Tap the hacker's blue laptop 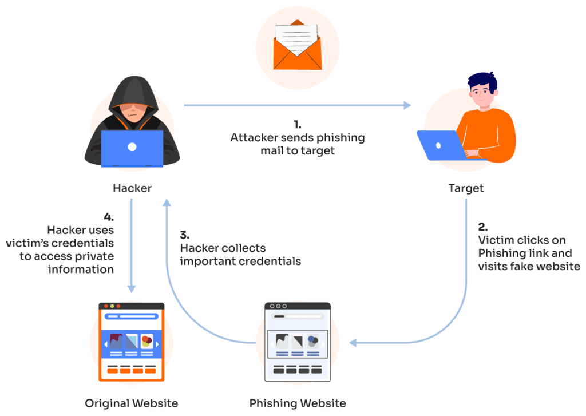click(x=132, y=148)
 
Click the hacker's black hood click(x=132, y=92)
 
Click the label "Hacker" click(x=132, y=188)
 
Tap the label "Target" click(x=466, y=188)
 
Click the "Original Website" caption click(x=132, y=403)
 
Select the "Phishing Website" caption click(x=298, y=403)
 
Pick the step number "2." click(x=482, y=226)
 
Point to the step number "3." click(x=184, y=235)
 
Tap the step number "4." click(x=109, y=217)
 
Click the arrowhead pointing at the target click(x=407, y=105)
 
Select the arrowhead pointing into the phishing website click(x=353, y=343)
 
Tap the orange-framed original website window click(x=132, y=342)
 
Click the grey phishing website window click(x=298, y=342)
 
